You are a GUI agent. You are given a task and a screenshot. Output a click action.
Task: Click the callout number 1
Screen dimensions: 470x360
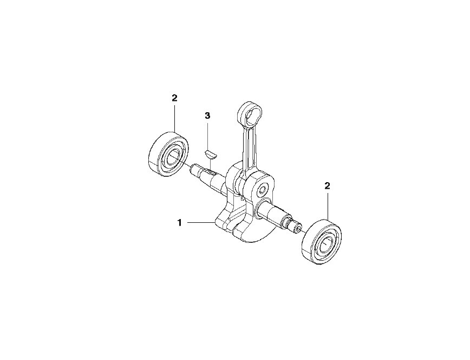[180, 223]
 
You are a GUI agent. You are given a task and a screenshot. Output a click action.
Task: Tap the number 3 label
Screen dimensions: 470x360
[208, 115]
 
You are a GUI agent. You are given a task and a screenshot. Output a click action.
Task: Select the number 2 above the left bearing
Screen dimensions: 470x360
[174, 98]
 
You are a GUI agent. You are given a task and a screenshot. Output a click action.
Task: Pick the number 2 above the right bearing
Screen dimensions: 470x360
[327, 186]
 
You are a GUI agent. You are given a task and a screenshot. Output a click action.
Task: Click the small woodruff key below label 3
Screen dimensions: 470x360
[212, 155]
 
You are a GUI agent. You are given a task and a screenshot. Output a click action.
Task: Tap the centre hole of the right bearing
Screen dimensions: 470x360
[327, 242]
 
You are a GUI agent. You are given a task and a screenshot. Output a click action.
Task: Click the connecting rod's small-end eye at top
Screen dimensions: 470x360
[249, 113]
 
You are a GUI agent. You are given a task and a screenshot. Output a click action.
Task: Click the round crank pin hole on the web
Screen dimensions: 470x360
[263, 190]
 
